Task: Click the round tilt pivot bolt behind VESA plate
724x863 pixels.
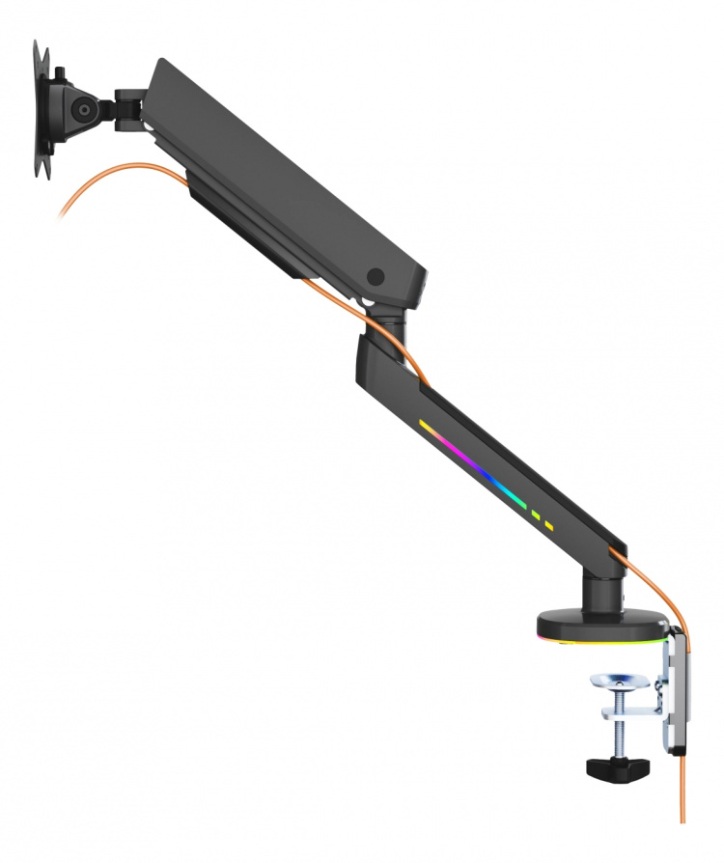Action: (x=85, y=110)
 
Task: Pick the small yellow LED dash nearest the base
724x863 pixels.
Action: (x=549, y=526)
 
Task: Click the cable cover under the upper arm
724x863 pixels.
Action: (x=241, y=222)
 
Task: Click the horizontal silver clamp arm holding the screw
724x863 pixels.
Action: (x=632, y=713)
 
